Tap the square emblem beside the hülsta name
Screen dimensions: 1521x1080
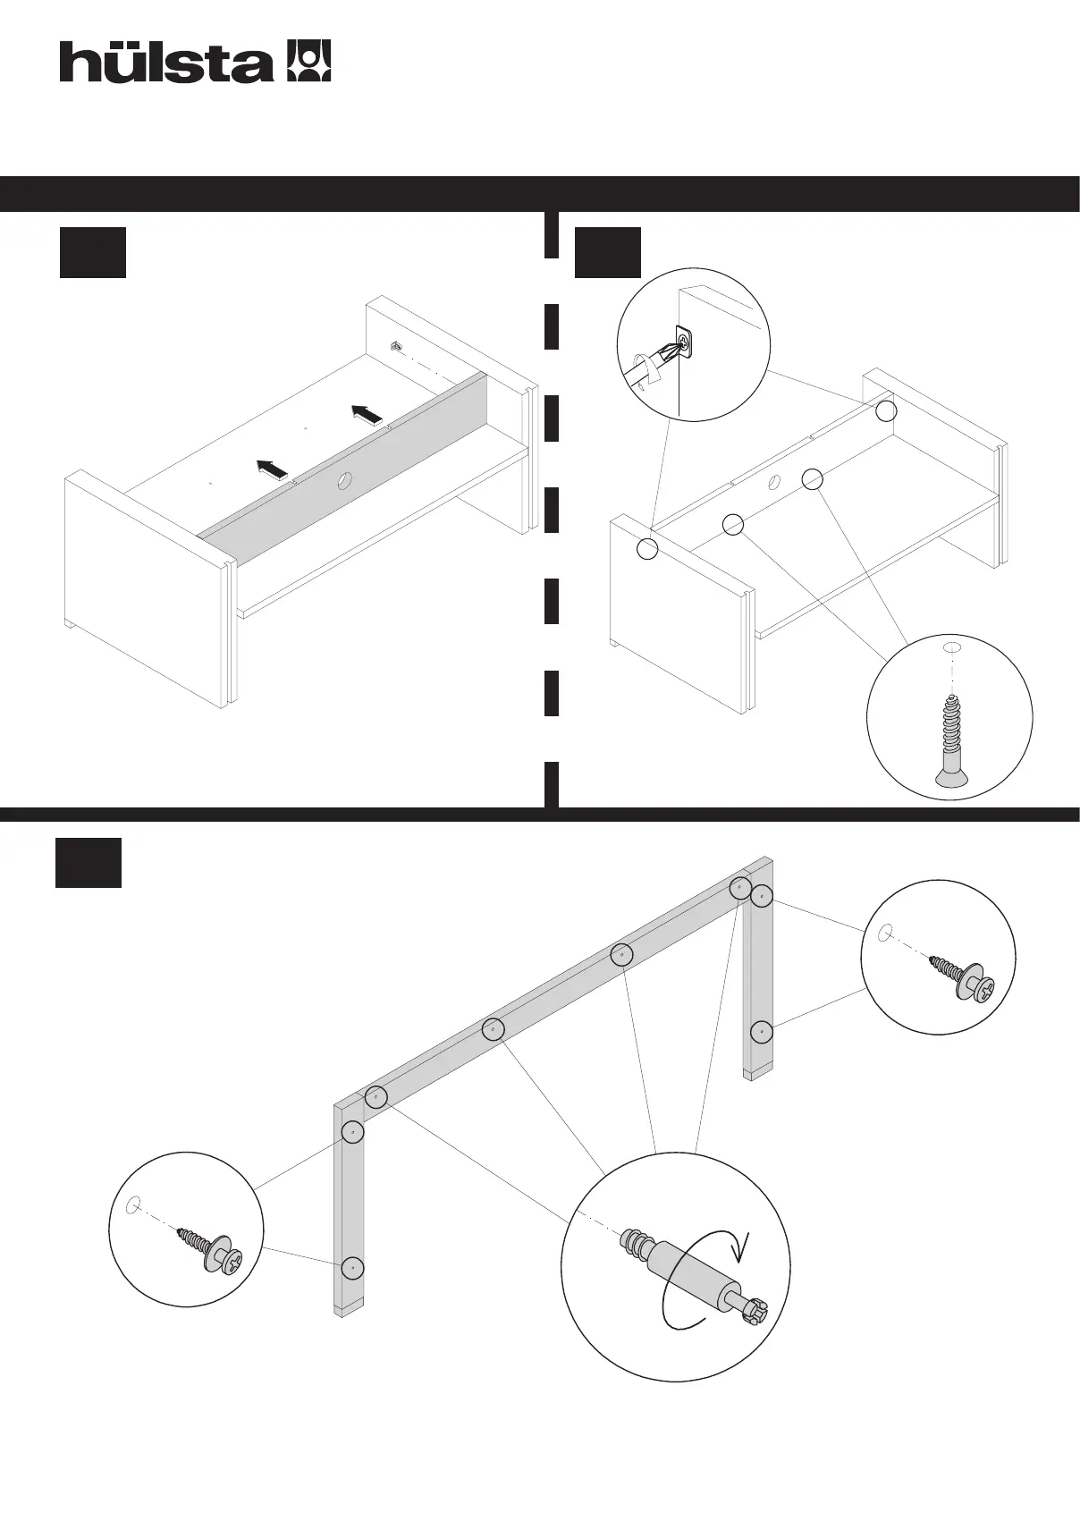[x=308, y=61]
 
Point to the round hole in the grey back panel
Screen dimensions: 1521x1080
[x=343, y=484]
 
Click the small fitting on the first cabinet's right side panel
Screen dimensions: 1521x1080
[x=395, y=347]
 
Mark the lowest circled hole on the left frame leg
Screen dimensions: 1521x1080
[x=354, y=1268]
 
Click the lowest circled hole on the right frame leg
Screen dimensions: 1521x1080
[x=760, y=1033]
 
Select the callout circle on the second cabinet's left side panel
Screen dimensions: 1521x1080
[x=647, y=548]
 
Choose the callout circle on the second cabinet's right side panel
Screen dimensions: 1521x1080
[x=885, y=410]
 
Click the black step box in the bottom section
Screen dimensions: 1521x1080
[x=89, y=863]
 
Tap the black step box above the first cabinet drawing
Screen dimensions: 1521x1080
[x=92, y=253]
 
